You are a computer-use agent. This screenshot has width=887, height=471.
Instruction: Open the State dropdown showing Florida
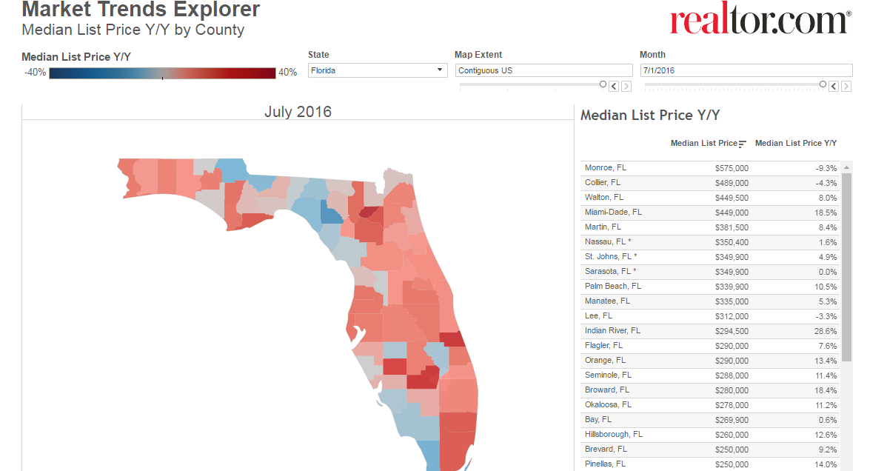pyautogui.click(x=378, y=70)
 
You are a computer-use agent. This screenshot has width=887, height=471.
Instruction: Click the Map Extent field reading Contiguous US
pyautogui.click(x=543, y=70)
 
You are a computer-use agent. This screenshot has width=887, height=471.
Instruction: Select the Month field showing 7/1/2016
pyautogui.click(x=746, y=70)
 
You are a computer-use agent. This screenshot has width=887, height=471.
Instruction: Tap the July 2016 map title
pyautogui.click(x=298, y=112)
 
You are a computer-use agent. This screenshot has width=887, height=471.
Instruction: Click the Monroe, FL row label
pyautogui.click(x=606, y=167)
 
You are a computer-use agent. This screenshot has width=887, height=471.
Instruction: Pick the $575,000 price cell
pyautogui.click(x=732, y=168)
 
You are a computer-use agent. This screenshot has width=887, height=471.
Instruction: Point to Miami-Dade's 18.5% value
pyautogui.click(x=826, y=213)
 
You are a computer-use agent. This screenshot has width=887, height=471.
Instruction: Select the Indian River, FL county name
pyautogui.click(x=612, y=330)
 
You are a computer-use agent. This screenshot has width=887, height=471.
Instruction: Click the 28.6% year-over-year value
pyautogui.click(x=826, y=330)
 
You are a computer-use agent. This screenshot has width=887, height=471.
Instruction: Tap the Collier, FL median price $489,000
pyautogui.click(x=732, y=183)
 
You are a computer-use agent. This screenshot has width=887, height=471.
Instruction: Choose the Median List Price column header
pyautogui.click(x=703, y=143)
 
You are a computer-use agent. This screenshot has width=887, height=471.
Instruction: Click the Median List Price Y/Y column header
pyautogui.click(x=796, y=143)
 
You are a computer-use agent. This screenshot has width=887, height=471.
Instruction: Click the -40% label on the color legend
pyautogui.click(x=35, y=73)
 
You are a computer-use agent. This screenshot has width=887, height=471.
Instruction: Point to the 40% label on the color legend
pyautogui.click(x=287, y=73)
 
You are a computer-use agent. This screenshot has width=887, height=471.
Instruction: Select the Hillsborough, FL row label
pyautogui.click(x=614, y=434)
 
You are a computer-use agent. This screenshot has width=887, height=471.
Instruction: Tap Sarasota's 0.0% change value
pyautogui.click(x=828, y=272)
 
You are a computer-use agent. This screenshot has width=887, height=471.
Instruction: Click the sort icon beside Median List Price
pyautogui.click(x=742, y=144)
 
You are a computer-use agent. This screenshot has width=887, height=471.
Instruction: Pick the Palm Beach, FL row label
pyautogui.click(x=613, y=287)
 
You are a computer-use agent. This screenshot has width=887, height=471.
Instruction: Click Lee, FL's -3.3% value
pyautogui.click(x=826, y=316)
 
